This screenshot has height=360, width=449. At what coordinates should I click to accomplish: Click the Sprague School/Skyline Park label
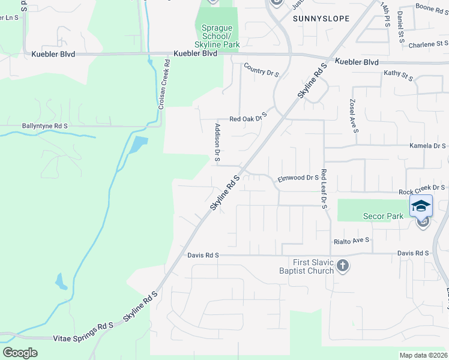215,37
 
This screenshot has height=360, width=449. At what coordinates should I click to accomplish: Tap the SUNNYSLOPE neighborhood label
321,19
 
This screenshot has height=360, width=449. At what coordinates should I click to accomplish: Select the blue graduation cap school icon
421,205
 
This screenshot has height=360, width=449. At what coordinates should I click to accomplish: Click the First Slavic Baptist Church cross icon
342,266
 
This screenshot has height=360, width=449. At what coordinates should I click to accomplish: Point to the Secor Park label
383,216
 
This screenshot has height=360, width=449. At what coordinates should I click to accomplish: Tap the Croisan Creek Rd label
163,88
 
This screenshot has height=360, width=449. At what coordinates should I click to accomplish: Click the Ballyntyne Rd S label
44,126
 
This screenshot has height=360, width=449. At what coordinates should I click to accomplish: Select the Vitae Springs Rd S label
83,326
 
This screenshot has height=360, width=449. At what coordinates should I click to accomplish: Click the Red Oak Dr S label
247,119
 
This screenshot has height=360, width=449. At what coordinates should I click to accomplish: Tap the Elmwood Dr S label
298,178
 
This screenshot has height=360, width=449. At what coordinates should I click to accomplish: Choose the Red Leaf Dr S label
324,188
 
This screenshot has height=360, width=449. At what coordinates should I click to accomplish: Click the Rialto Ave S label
352,241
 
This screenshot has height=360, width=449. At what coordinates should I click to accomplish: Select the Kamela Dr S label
427,146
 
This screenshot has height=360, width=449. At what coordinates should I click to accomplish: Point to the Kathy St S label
399,75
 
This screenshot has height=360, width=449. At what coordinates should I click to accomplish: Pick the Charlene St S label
428,44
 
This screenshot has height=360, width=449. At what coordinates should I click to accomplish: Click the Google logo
20,352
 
